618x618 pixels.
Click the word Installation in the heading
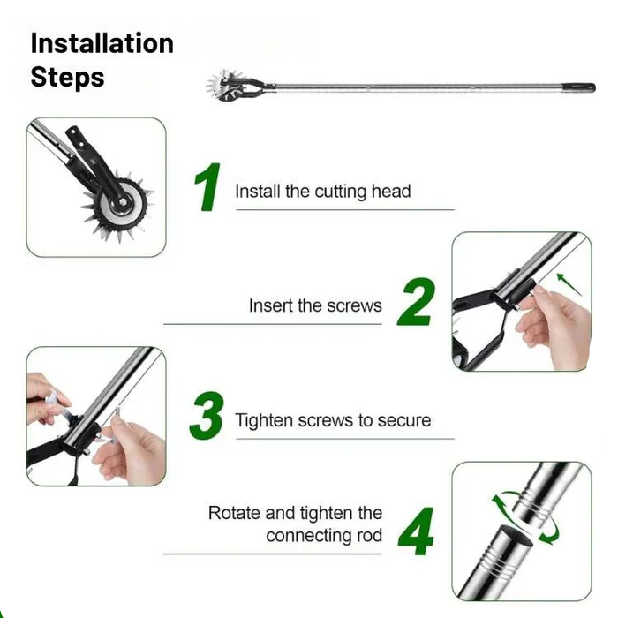coord(102,43)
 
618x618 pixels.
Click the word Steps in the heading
coord(67,77)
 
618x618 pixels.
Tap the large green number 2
coord(416,303)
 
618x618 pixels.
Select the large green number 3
coord(207,417)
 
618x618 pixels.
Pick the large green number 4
coord(415,530)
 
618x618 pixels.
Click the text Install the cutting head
coord(322,192)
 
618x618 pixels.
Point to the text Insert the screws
coord(315,306)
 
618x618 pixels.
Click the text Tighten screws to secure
coord(333,420)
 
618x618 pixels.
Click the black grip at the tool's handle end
coord(580,87)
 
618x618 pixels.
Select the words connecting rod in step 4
coord(324,536)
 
